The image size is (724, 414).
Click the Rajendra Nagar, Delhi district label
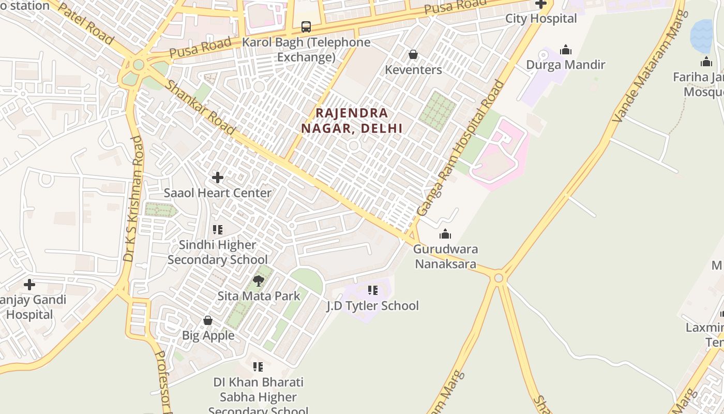(x=359, y=121)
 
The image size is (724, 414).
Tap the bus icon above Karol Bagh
(x=306, y=26)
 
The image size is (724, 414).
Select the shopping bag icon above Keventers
(x=413, y=54)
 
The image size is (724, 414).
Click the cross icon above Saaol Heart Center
(x=218, y=178)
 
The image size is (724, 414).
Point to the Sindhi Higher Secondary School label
(x=218, y=252)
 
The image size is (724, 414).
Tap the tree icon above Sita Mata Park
(x=259, y=281)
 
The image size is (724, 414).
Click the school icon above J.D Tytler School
(x=372, y=290)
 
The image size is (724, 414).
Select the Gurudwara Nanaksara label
(x=445, y=256)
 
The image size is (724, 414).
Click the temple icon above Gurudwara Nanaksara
(x=445, y=234)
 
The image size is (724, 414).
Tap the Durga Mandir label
(x=565, y=65)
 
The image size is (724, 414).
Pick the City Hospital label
(x=541, y=19)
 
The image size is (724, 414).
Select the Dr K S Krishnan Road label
(x=133, y=199)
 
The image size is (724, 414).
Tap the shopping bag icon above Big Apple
(x=208, y=320)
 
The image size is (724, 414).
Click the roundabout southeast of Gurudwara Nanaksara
(x=499, y=278)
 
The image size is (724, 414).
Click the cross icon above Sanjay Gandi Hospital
(x=29, y=285)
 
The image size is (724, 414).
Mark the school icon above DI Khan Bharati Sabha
(x=258, y=367)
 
